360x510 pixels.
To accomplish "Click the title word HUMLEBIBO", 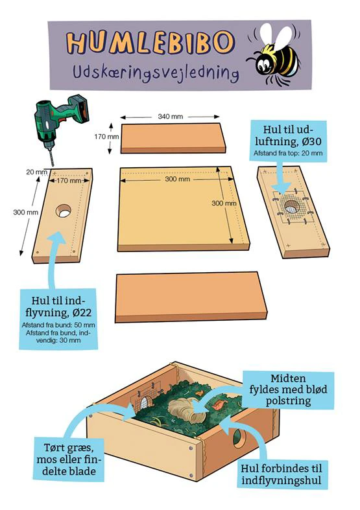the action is click(x=150, y=42).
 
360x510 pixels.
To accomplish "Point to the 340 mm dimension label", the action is click(x=170, y=117).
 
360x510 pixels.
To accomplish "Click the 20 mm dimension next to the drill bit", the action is click(x=35, y=172).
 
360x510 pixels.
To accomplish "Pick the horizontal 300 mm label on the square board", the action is click(x=177, y=179).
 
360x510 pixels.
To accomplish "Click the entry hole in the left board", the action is click(x=64, y=211).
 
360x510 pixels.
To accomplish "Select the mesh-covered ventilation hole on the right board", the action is click(x=292, y=207).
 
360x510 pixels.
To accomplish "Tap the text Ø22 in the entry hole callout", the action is click(x=82, y=312).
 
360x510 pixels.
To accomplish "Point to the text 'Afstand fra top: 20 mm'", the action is click(x=289, y=153).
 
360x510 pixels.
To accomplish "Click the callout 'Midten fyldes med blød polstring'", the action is click(x=288, y=389).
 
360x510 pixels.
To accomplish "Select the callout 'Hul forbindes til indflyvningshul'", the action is click(x=281, y=474).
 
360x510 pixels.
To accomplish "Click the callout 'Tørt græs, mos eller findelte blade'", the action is click(x=69, y=459).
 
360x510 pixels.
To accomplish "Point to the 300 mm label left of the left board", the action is click(x=25, y=213).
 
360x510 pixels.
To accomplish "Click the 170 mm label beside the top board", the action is click(x=106, y=137).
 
